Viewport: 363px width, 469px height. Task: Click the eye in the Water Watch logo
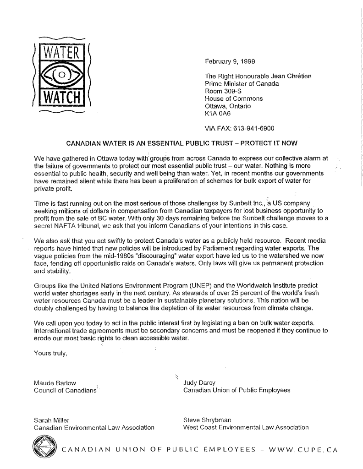coord(62,73)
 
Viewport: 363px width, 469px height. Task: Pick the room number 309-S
coord(230,91)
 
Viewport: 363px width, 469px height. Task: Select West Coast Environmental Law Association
coord(246,427)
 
